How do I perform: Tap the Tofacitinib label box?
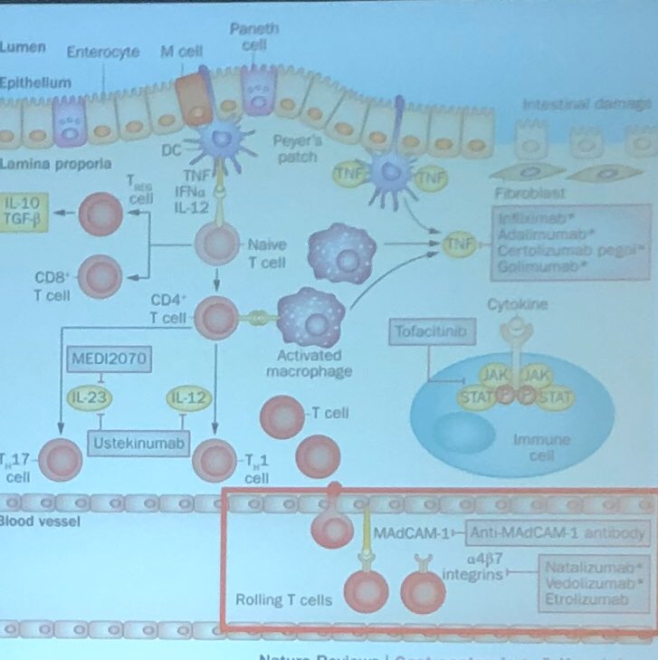[x=432, y=333]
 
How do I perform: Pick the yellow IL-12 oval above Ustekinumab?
[x=183, y=397]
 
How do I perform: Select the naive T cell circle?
[x=217, y=246]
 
